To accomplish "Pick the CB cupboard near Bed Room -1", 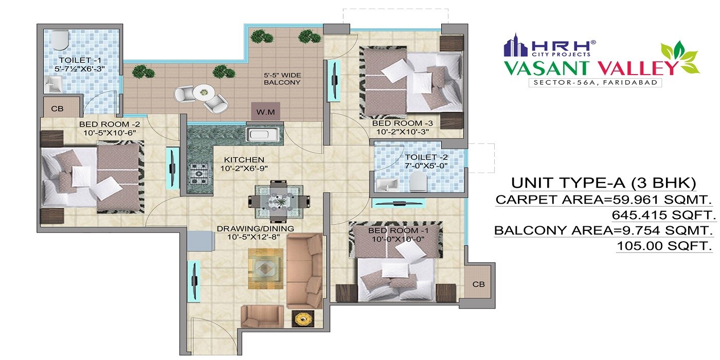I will point(478,284).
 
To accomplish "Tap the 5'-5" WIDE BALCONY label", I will point(282,78).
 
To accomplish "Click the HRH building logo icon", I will point(516,45).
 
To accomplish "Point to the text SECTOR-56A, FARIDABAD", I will point(595,82).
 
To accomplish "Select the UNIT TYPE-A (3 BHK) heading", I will point(603,183).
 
